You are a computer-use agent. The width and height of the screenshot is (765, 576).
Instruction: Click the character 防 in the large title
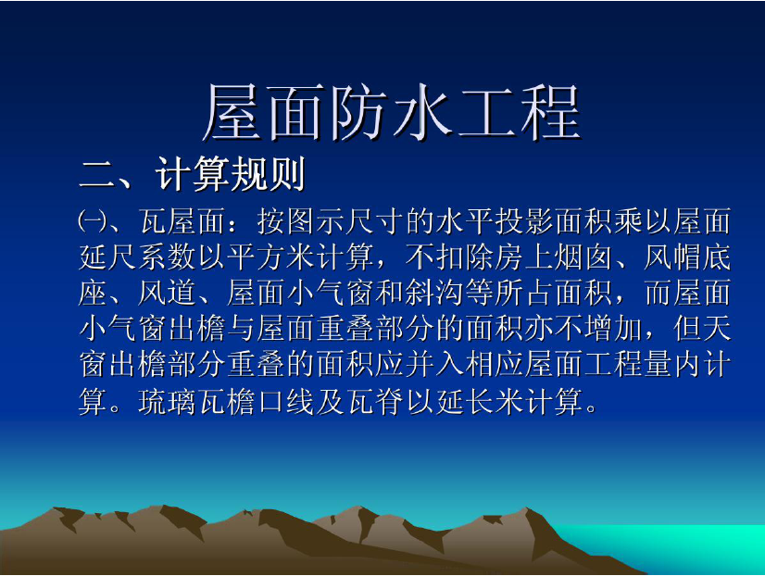[x=357, y=112]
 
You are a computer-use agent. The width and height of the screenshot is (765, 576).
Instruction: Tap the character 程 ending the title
[x=550, y=112]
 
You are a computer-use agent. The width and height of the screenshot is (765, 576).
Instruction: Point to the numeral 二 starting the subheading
[x=97, y=175]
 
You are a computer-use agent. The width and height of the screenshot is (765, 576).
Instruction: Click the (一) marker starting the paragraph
[x=92, y=221]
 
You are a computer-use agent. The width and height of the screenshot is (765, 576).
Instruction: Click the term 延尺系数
[x=138, y=257]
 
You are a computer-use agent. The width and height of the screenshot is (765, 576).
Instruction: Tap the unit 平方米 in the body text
[x=272, y=257]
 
